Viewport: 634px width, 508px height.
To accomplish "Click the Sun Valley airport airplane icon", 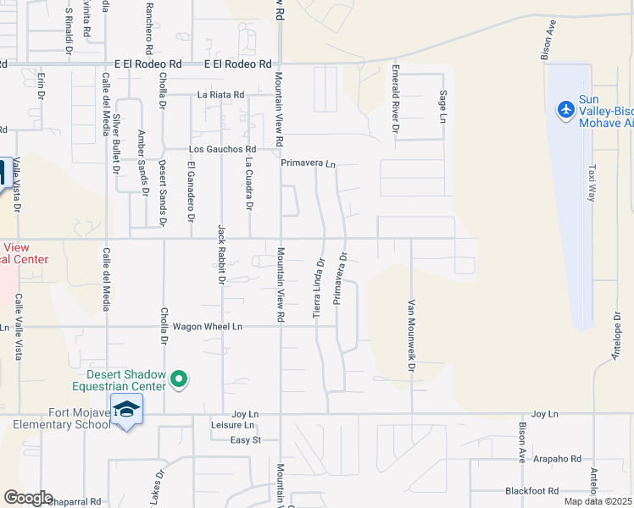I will coord(565,109).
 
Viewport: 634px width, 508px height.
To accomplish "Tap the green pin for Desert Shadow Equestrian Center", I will coord(179,380).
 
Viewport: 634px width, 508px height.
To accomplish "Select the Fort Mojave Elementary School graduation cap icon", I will coord(126,410).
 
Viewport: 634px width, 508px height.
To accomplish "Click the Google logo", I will coord(28,498).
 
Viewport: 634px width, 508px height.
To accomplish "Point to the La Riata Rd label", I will coord(220,95).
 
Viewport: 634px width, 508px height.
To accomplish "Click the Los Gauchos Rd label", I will coord(221,150).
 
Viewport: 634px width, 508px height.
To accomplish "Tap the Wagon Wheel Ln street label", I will coord(207,326).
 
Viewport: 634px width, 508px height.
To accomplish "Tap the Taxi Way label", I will coord(592,181).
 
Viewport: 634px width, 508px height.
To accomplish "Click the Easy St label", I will coord(245,440).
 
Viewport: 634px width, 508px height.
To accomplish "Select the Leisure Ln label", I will coord(231,425).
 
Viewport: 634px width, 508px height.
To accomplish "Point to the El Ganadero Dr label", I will coord(192,192).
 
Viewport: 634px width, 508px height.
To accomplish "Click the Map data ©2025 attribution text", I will coord(598,501).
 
